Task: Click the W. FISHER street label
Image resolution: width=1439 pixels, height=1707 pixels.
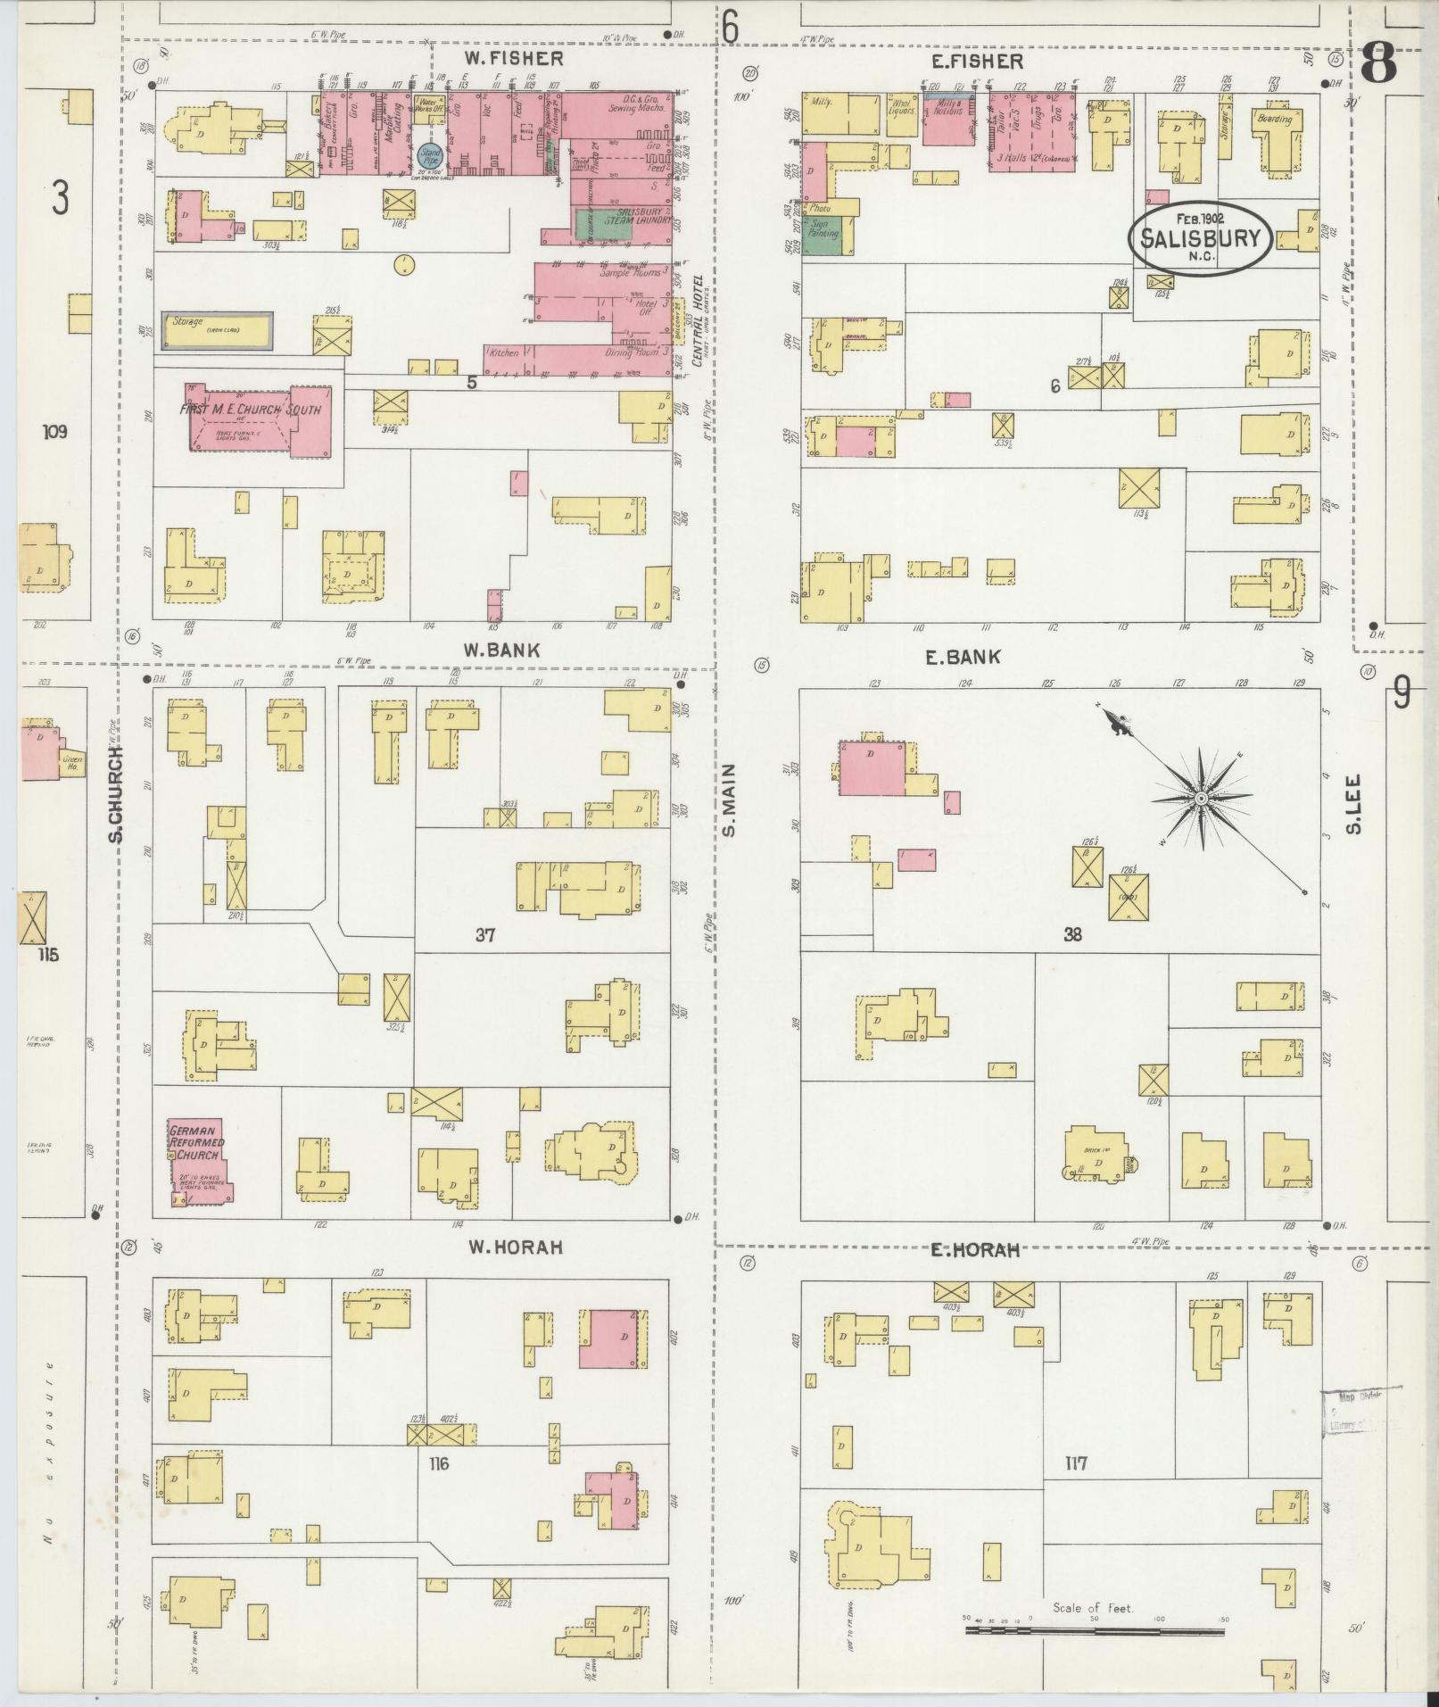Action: point(514,59)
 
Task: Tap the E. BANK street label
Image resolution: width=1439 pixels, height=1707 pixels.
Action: point(963,658)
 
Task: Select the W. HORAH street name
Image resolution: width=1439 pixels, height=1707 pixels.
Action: point(516,1247)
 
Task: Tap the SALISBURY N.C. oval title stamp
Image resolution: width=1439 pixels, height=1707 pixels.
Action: point(1199,238)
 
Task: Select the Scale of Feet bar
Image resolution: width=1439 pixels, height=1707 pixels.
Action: point(1094,1630)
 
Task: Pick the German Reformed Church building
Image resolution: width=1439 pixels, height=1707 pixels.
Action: point(198,1160)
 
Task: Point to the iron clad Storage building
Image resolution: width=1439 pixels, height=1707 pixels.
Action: point(217,330)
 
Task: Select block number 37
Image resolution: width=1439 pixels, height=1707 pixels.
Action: point(485,935)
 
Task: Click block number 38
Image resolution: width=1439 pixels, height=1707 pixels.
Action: point(1072,934)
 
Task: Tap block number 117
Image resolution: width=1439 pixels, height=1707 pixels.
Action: point(1075,1463)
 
